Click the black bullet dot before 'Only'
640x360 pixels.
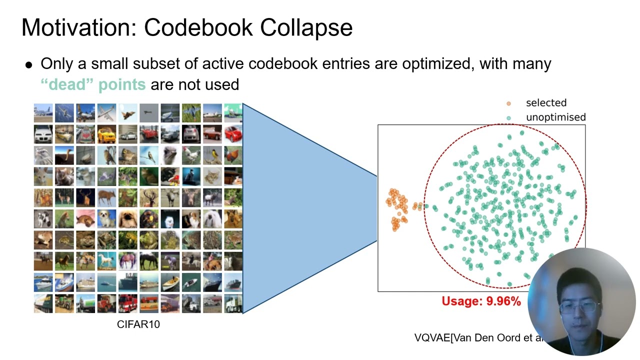[x=29, y=65]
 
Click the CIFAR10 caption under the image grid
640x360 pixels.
[x=138, y=324]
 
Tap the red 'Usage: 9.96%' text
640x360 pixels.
[x=481, y=301]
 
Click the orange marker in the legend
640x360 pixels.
[x=509, y=103]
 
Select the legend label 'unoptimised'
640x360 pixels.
[x=555, y=117]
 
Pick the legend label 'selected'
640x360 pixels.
[x=546, y=103]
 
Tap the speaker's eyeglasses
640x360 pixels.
[x=580, y=306]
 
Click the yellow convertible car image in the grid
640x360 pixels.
[x=106, y=134]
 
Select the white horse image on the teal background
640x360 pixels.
[x=106, y=260]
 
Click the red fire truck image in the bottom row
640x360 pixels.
[x=127, y=303]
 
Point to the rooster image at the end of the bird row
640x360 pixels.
[x=233, y=155]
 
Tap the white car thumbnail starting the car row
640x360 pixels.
[x=43, y=134]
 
